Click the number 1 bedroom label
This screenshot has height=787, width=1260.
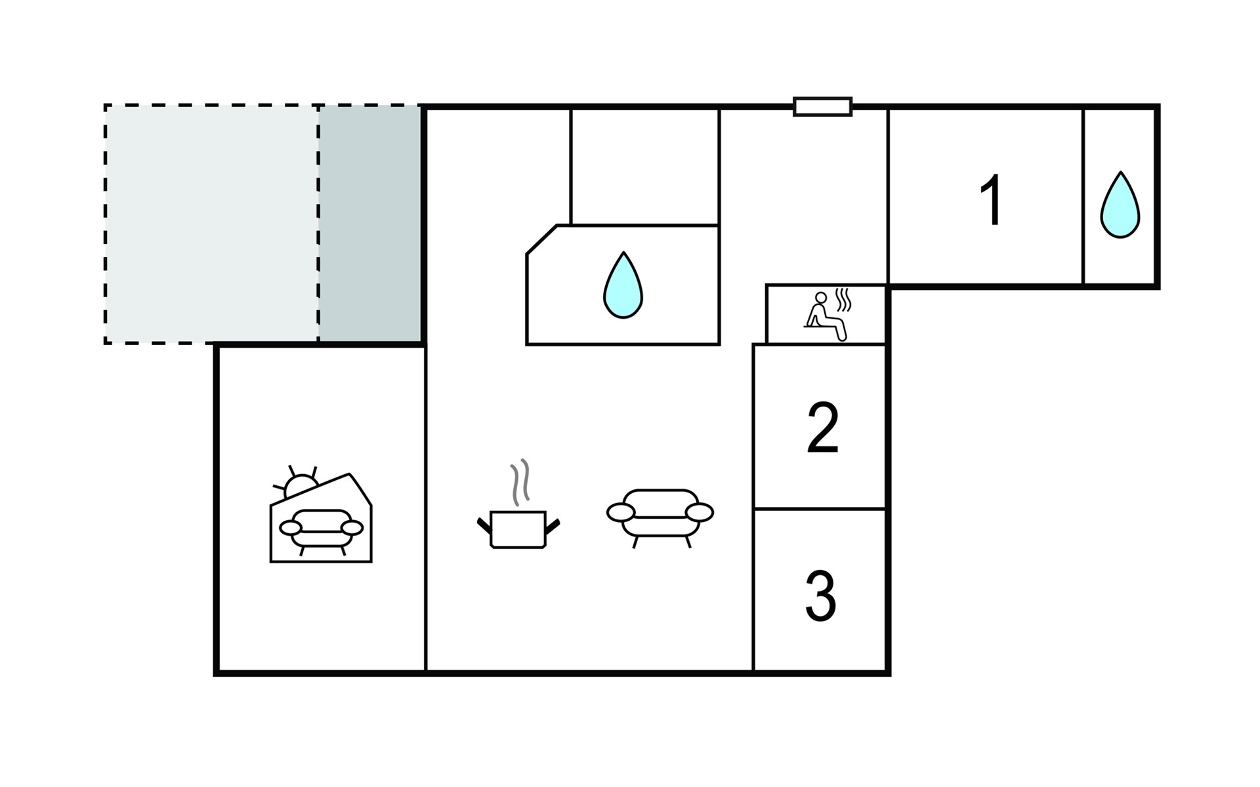click(992, 201)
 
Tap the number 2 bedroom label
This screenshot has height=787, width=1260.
click(822, 428)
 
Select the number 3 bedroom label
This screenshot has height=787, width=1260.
click(820, 596)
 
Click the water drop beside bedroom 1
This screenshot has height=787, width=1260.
click(1120, 205)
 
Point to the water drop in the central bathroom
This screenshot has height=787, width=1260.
click(623, 285)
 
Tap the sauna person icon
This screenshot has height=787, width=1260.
click(825, 317)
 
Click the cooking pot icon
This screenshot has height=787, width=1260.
click(518, 529)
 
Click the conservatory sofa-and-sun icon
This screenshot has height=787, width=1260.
click(322, 515)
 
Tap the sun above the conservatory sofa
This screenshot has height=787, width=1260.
click(299, 484)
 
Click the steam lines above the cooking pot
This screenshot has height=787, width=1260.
click(520, 482)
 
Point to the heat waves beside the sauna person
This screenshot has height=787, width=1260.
click(843, 300)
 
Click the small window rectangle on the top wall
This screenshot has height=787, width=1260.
click(822, 106)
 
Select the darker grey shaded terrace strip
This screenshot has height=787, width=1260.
click(369, 224)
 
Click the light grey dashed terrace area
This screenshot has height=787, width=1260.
click(211, 224)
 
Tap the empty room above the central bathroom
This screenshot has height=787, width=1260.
click(645, 167)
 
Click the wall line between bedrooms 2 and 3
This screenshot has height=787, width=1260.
click(820, 508)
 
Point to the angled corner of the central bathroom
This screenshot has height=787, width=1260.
click(541, 239)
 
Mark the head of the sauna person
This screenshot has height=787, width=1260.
click(820, 298)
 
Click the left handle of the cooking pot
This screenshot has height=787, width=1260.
click(484, 524)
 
